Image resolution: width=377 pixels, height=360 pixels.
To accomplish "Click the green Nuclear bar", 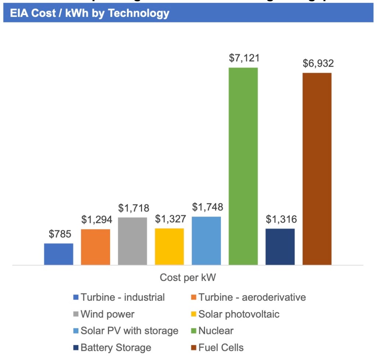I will click(x=243, y=166).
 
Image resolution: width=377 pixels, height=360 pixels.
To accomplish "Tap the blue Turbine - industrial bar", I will click(x=59, y=254).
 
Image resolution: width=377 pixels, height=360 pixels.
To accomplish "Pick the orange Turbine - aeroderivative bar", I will click(x=95, y=247).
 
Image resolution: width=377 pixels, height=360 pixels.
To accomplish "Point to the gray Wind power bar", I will click(x=133, y=241).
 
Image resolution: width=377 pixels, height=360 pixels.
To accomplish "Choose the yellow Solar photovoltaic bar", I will click(x=169, y=246).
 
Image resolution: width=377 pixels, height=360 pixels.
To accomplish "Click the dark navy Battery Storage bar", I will click(x=280, y=246).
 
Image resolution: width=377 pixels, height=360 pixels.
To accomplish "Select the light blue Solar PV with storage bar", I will click(x=206, y=240).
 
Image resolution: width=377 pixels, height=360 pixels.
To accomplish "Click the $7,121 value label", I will click(x=244, y=58).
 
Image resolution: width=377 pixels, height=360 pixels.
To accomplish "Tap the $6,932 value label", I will click(x=318, y=63).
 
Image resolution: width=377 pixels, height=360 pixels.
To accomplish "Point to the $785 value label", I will click(x=60, y=234).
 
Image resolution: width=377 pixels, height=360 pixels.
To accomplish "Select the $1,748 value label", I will click(x=207, y=207).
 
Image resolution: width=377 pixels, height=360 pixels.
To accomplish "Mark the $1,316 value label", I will click(x=281, y=220).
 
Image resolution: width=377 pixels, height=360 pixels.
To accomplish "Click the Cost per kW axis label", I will click(x=188, y=278).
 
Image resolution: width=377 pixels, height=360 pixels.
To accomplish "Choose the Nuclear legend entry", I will click(x=216, y=331).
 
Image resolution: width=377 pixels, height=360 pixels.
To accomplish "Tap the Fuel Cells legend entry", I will click(x=221, y=347).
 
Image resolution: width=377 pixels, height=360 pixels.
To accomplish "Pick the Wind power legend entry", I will click(x=108, y=314).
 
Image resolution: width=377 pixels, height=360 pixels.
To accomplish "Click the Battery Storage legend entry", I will click(x=116, y=347).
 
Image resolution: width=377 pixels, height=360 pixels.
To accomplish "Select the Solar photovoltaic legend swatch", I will click(x=194, y=314).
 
